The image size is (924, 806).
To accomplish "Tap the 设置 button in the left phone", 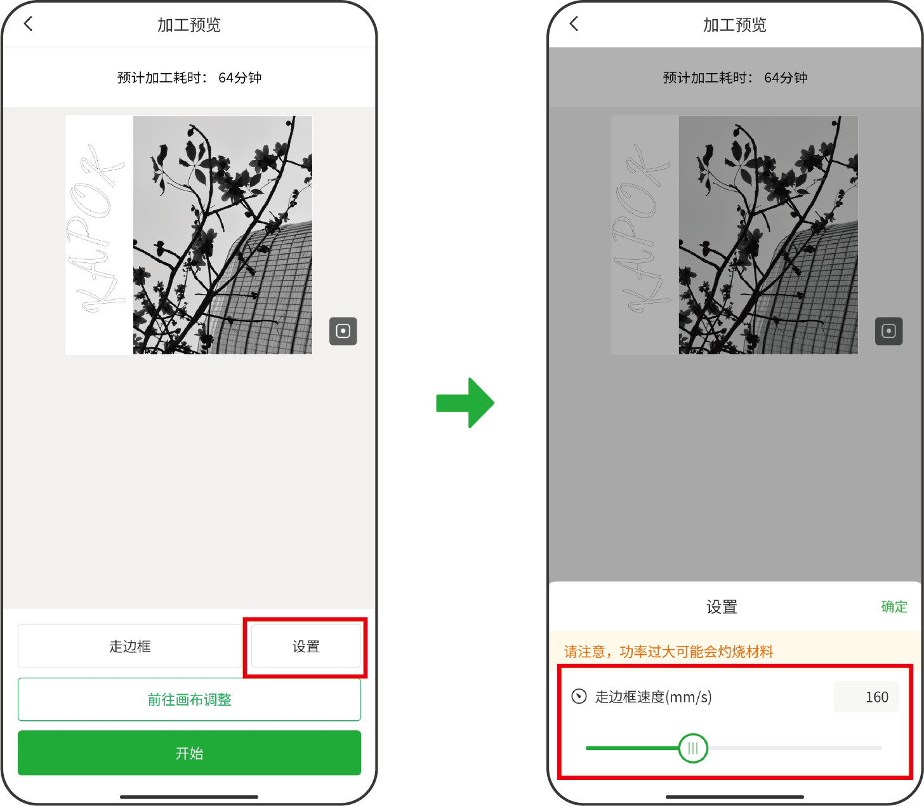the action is (x=306, y=647).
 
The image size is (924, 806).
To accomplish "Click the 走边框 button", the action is (x=129, y=647).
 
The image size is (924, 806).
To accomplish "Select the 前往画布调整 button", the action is (x=189, y=699).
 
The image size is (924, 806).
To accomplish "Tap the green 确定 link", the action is (x=894, y=607).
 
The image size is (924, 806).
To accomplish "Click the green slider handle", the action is (x=693, y=748).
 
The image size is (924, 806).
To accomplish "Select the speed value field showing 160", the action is (x=866, y=697).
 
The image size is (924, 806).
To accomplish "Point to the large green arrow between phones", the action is (x=465, y=402).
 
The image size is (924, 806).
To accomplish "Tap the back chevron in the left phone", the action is (x=29, y=24).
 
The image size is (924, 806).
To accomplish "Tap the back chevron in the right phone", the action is (x=574, y=24).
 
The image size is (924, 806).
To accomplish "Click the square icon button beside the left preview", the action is (x=343, y=331).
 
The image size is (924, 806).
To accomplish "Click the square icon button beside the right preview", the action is (x=888, y=331).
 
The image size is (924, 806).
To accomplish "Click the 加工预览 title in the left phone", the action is (x=188, y=25).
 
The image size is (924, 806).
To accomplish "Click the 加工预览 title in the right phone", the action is (x=734, y=25).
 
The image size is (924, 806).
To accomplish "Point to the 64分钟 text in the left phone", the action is (x=240, y=77).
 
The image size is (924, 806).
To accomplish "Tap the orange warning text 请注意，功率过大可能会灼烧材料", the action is (x=668, y=652).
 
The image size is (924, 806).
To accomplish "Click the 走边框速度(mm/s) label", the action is (x=653, y=697).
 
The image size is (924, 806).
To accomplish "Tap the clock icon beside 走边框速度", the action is (x=579, y=696).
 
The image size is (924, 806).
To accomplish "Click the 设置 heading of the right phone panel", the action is (x=721, y=607).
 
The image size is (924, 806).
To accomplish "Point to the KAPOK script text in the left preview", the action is (x=95, y=228).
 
